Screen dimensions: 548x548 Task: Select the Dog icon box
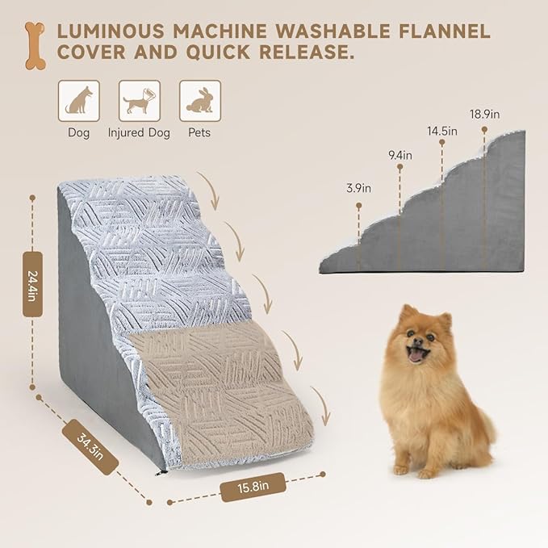tap(78, 101)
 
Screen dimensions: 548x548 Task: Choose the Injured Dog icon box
tap(139, 101)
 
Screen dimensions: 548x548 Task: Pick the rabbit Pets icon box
tap(199, 101)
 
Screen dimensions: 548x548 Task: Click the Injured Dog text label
tap(139, 132)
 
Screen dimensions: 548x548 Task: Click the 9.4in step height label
tap(399, 154)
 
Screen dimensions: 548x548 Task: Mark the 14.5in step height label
tap(441, 130)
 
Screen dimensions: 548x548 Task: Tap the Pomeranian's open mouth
tap(416, 356)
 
